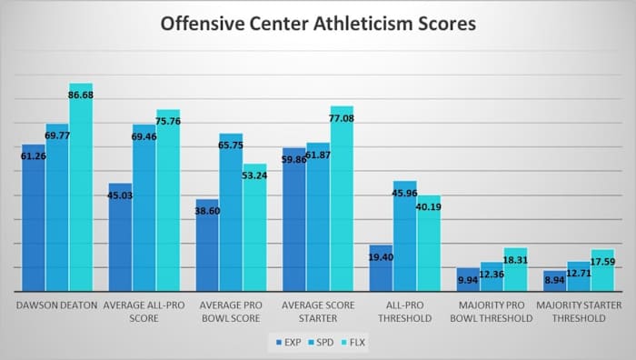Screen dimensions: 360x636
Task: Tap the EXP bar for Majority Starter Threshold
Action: coord(554,281)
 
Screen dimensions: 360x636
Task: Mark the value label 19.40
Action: coord(381,258)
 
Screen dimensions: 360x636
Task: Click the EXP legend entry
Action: coord(285,342)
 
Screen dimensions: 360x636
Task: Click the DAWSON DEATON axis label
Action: coord(56,305)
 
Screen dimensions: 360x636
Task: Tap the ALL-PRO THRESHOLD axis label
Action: coord(404,312)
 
